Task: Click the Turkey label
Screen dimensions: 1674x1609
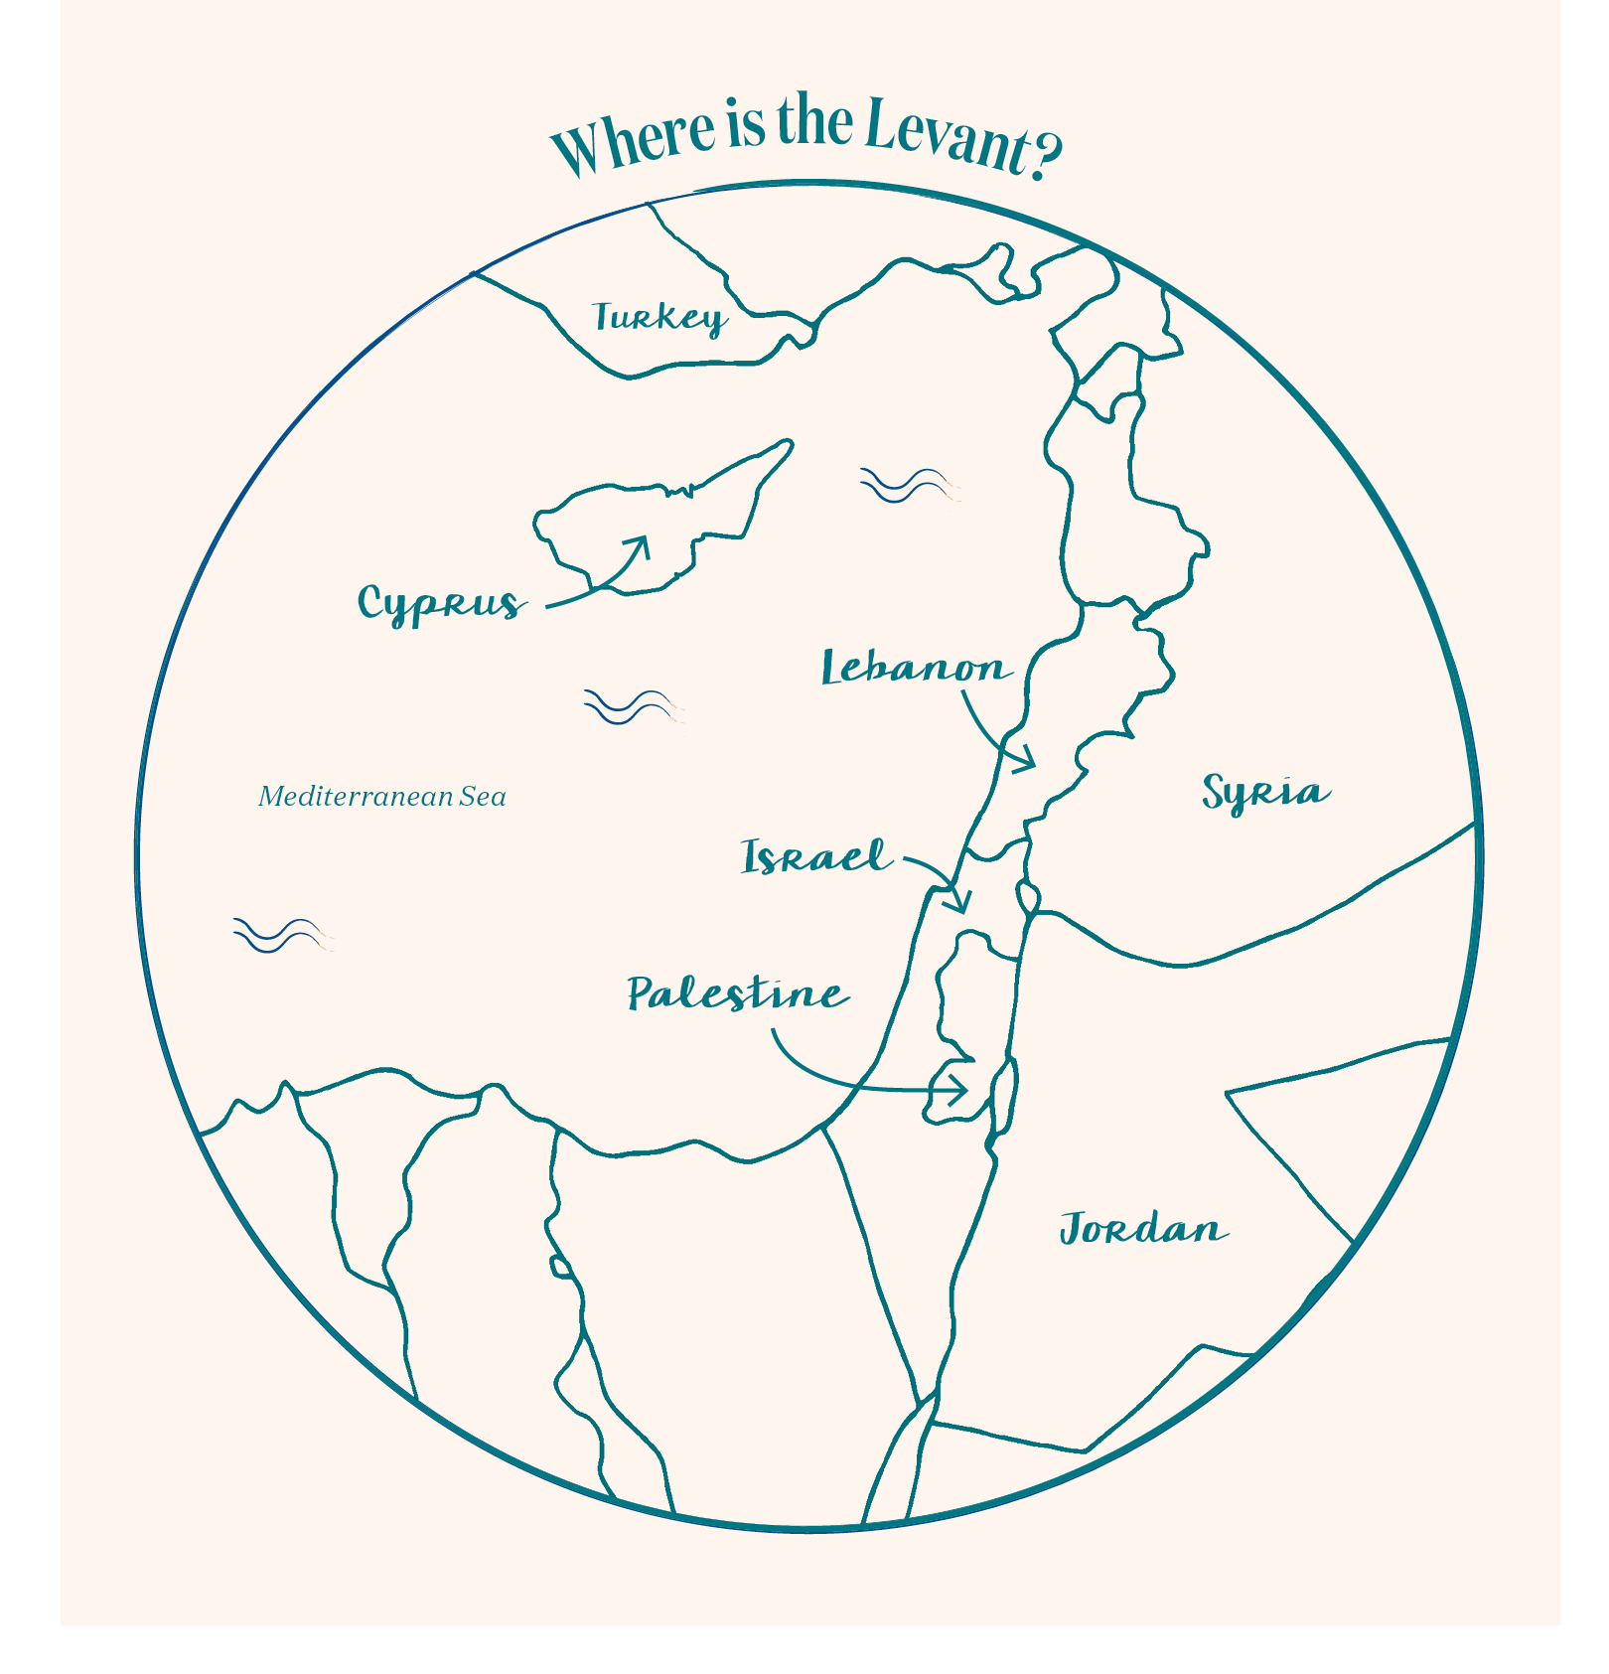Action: tap(659, 318)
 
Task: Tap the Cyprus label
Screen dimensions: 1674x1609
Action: tap(440, 604)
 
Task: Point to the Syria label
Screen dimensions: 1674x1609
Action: tap(1265, 793)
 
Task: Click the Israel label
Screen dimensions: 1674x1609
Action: tap(815, 857)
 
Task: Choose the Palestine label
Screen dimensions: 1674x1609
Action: tap(737, 993)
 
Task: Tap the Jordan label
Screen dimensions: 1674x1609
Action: tap(1143, 1229)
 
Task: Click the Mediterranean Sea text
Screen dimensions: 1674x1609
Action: tap(382, 797)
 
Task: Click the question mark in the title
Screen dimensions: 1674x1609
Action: tap(1046, 155)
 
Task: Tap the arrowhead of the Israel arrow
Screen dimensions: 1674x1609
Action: tap(960, 903)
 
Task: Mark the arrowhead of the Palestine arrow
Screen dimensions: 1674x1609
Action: tap(958, 1090)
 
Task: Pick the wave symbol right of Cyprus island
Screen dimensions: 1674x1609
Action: tap(908, 486)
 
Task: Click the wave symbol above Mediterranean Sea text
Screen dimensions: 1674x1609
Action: tap(632, 706)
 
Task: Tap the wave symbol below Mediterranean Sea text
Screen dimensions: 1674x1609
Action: tap(282, 935)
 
